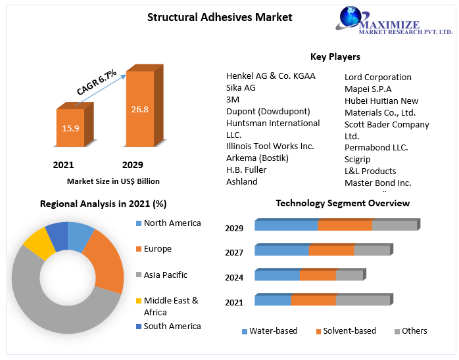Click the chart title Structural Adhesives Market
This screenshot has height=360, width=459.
220,17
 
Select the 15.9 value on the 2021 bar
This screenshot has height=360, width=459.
70,128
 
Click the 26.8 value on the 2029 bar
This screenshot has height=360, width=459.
139,109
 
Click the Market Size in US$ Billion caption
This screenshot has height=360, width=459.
113,181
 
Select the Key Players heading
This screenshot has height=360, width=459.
335,56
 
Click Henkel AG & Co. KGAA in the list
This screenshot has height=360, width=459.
270,76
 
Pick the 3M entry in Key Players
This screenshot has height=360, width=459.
233,99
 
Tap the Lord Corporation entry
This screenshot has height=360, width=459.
377,77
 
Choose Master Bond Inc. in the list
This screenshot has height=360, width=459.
377,183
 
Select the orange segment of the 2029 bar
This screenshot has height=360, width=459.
345,225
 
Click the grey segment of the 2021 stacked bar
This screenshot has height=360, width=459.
363,300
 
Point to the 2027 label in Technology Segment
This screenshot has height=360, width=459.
234,252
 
